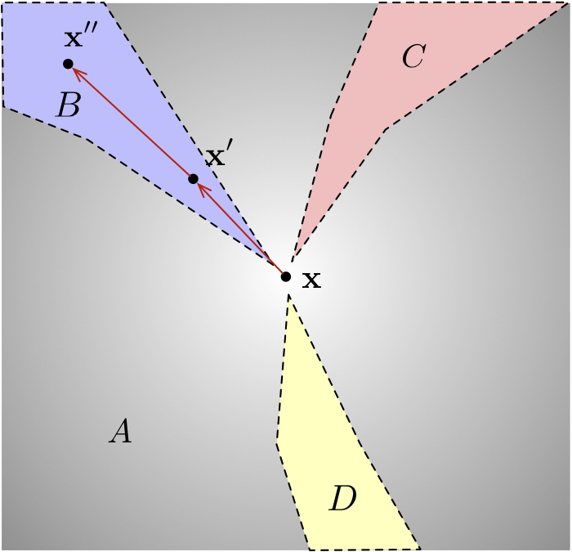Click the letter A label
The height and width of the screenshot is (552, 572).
[120, 431]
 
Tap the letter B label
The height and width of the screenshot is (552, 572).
[68, 105]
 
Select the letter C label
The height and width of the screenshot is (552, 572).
[413, 56]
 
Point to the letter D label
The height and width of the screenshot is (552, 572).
[343, 498]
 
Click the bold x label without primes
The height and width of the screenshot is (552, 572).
[311, 280]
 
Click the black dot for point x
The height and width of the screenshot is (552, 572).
[286, 276]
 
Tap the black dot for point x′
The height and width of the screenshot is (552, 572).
[193, 179]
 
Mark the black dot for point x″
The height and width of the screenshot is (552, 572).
[68, 63]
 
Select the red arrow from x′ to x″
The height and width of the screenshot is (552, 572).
[131, 121]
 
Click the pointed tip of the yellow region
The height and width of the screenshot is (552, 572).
[288, 295]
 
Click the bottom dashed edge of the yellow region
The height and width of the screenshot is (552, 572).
[364, 548]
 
